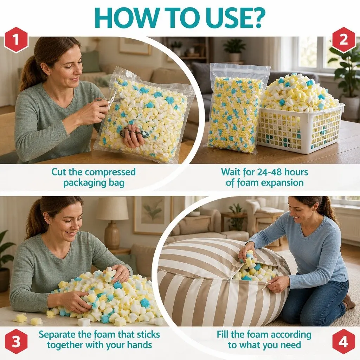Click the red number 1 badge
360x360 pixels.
(16, 40)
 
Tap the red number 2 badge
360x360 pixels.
(343, 40)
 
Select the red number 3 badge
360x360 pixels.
(16, 341)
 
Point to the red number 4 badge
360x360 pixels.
(343, 342)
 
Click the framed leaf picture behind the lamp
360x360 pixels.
(153, 216)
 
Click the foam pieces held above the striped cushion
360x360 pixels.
(247, 260)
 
